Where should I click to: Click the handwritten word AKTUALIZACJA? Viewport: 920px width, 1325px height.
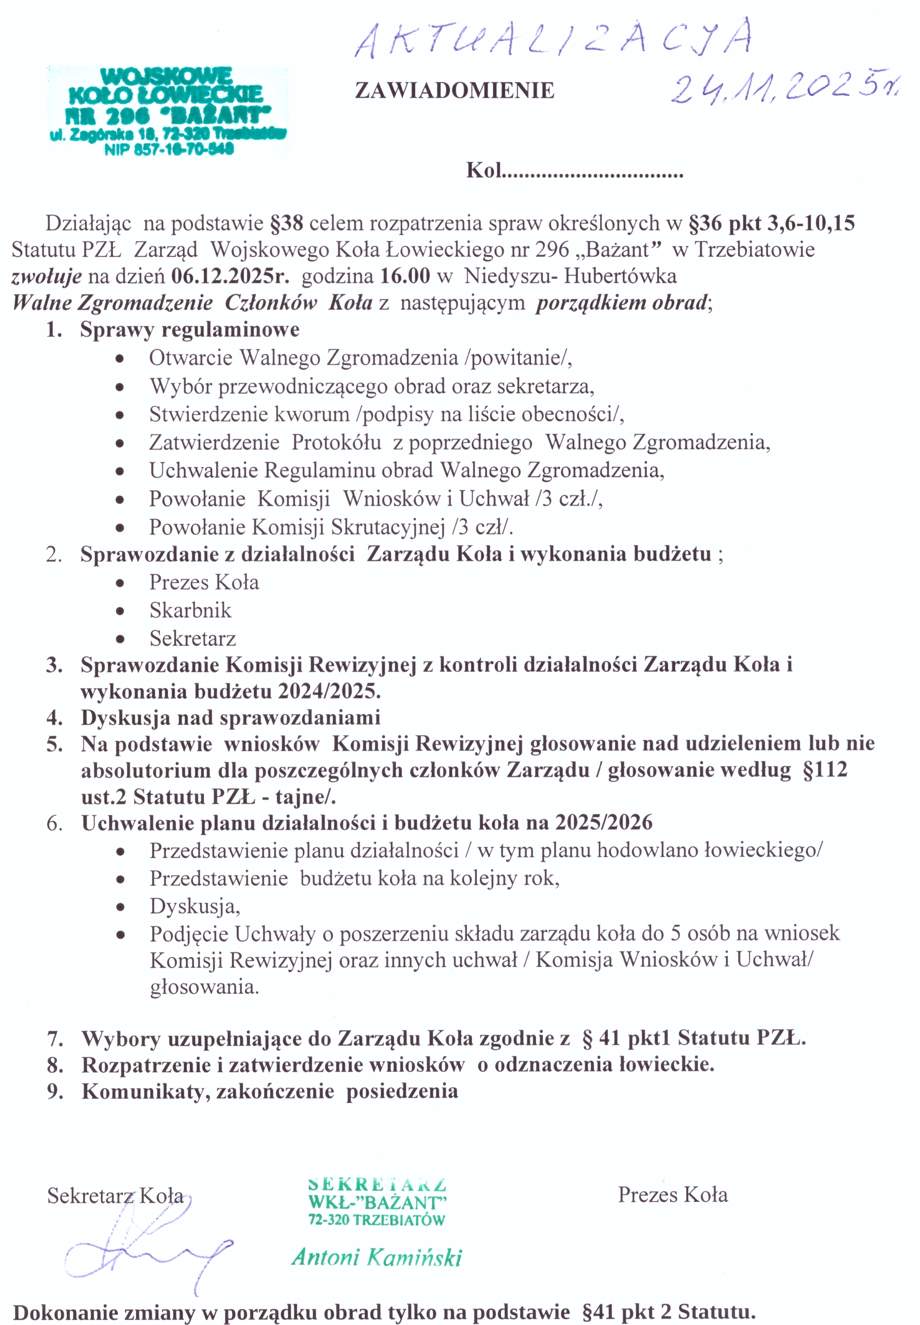pyautogui.click(x=553, y=39)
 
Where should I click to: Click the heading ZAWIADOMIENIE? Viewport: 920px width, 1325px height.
pyautogui.click(x=454, y=90)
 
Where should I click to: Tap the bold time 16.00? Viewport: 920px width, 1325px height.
pyautogui.click(x=405, y=276)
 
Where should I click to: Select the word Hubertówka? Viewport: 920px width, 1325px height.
pyautogui.click(x=620, y=276)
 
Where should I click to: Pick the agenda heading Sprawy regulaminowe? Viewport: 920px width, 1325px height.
pyautogui.click(x=190, y=330)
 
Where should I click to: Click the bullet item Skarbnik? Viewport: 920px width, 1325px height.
pyautogui.click(x=190, y=610)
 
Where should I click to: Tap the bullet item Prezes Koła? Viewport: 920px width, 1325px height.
pyautogui.click(x=204, y=582)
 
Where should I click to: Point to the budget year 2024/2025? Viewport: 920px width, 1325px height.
pyautogui.click(x=329, y=691)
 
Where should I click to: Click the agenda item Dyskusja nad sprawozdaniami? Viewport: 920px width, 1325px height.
pyautogui.click(x=231, y=718)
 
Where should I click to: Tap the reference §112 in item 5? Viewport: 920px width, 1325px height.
pyautogui.click(x=825, y=770)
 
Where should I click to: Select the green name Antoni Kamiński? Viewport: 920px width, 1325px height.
pyautogui.click(x=376, y=1257)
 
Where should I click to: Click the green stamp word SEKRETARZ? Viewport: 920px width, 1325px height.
pyautogui.click(x=378, y=1186)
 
